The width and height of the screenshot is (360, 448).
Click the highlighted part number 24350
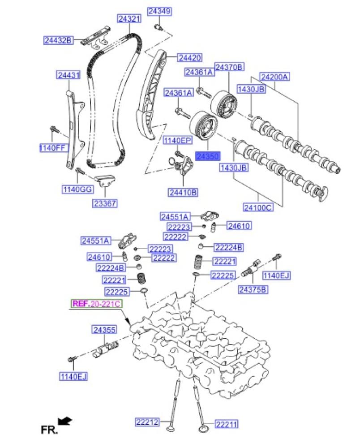(208, 156)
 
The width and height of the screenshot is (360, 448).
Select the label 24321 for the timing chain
(129, 19)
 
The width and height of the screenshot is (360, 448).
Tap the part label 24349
(159, 11)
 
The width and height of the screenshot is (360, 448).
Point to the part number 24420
(189, 57)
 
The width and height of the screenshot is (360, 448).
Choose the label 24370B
(229, 67)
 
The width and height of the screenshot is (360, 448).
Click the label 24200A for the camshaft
(275, 77)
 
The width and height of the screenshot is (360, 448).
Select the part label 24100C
(257, 207)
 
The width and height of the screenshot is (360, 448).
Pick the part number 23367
(104, 203)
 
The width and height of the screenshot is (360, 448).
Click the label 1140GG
(77, 190)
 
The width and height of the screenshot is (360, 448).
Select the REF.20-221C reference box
(96, 304)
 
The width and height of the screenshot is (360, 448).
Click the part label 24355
(104, 330)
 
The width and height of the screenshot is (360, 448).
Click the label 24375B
(253, 289)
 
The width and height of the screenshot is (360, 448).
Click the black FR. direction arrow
(65, 421)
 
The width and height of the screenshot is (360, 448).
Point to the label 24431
(68, 76)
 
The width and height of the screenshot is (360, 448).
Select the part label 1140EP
(177, 141)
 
